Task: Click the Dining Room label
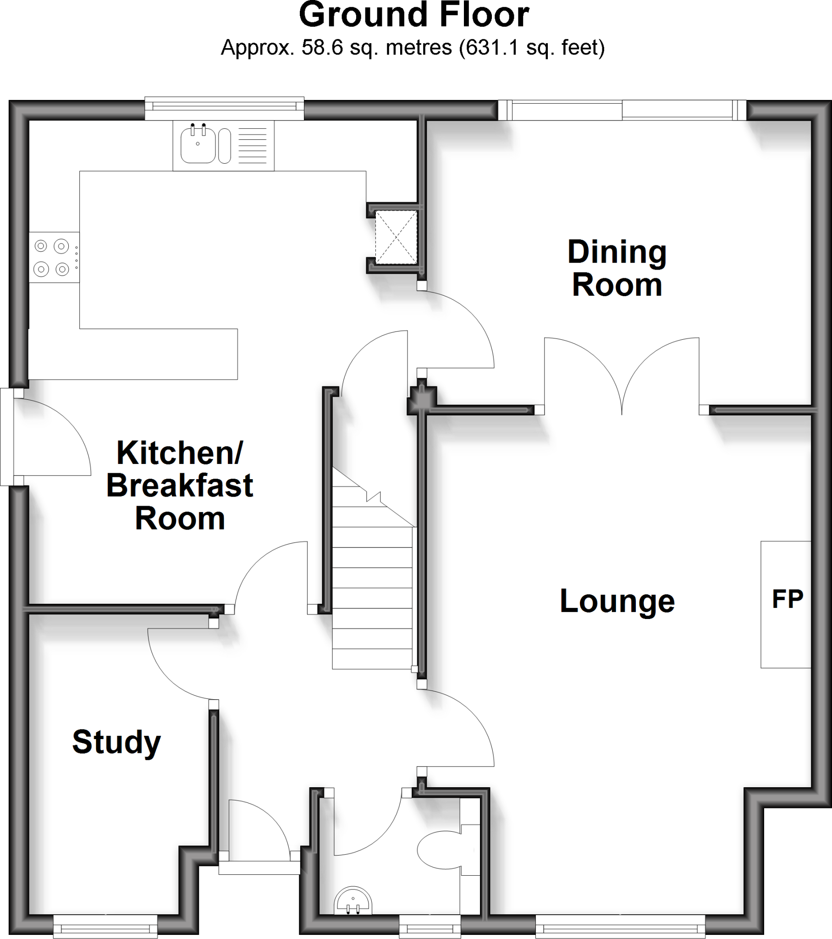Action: [617, 268]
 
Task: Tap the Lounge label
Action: [617, 601]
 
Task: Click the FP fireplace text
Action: [788, 599]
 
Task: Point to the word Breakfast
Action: [180, 486]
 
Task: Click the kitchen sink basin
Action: [198, 145]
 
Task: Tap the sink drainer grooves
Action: [253, 145]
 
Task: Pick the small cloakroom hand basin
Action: [353, 901]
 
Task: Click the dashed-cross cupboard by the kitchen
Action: [396, 237]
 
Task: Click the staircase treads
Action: [372, 597]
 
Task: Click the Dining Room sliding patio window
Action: [622, 110]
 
